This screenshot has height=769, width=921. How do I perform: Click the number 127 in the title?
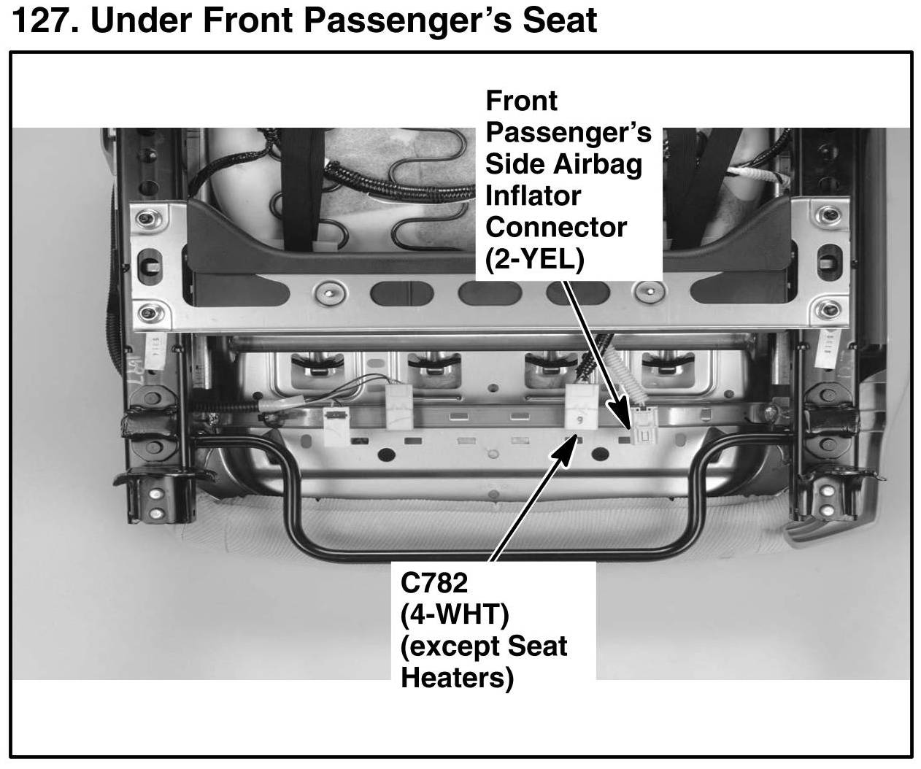(45, 20)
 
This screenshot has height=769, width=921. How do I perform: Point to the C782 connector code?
(433, 583)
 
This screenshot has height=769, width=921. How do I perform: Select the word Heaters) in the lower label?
(457, 678)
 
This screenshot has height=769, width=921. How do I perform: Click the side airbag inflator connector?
(642, 425)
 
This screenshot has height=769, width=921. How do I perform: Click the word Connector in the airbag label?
(556, 228)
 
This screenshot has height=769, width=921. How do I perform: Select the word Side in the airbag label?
(515, 164)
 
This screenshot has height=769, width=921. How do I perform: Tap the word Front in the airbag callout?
(521, 101)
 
